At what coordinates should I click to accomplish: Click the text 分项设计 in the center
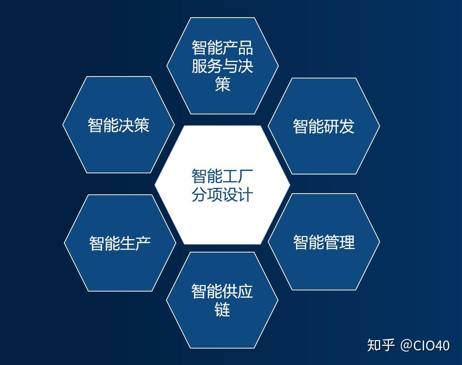[222, 194]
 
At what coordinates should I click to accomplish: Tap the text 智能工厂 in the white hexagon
[222, 176]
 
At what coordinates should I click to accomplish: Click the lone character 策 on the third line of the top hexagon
[222, 84]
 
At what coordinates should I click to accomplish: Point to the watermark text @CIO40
[425, 345]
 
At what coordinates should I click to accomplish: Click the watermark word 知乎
[381, 345]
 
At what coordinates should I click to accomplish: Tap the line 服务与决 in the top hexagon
[222, 66]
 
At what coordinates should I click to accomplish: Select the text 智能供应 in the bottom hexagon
[222, 291]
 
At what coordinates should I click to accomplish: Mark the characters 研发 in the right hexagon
[339, 126]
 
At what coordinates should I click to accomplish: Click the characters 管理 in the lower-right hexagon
[339, 242]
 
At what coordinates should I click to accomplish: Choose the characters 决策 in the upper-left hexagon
[134, 125]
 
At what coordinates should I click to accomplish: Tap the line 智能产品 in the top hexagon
[222, 48]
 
